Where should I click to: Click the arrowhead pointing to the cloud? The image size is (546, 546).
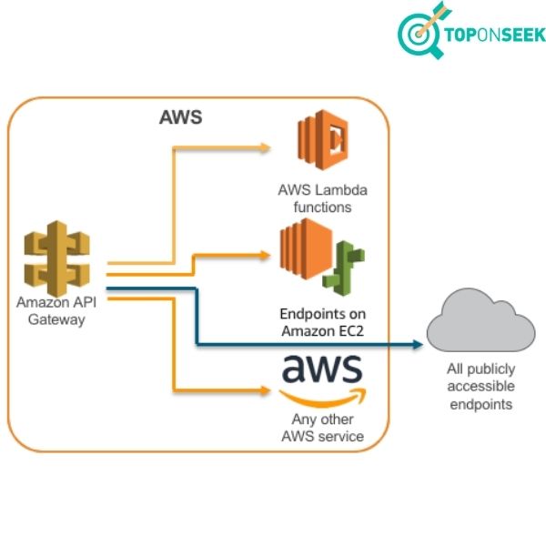(420, 344)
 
